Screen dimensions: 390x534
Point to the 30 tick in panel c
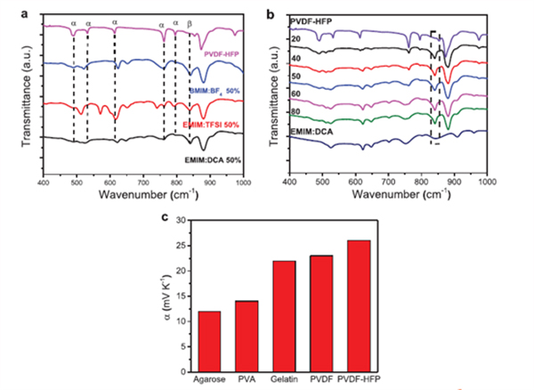(184, 220)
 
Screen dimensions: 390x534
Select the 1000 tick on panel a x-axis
(242, 182)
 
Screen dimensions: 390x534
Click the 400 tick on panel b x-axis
(288, 181)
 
